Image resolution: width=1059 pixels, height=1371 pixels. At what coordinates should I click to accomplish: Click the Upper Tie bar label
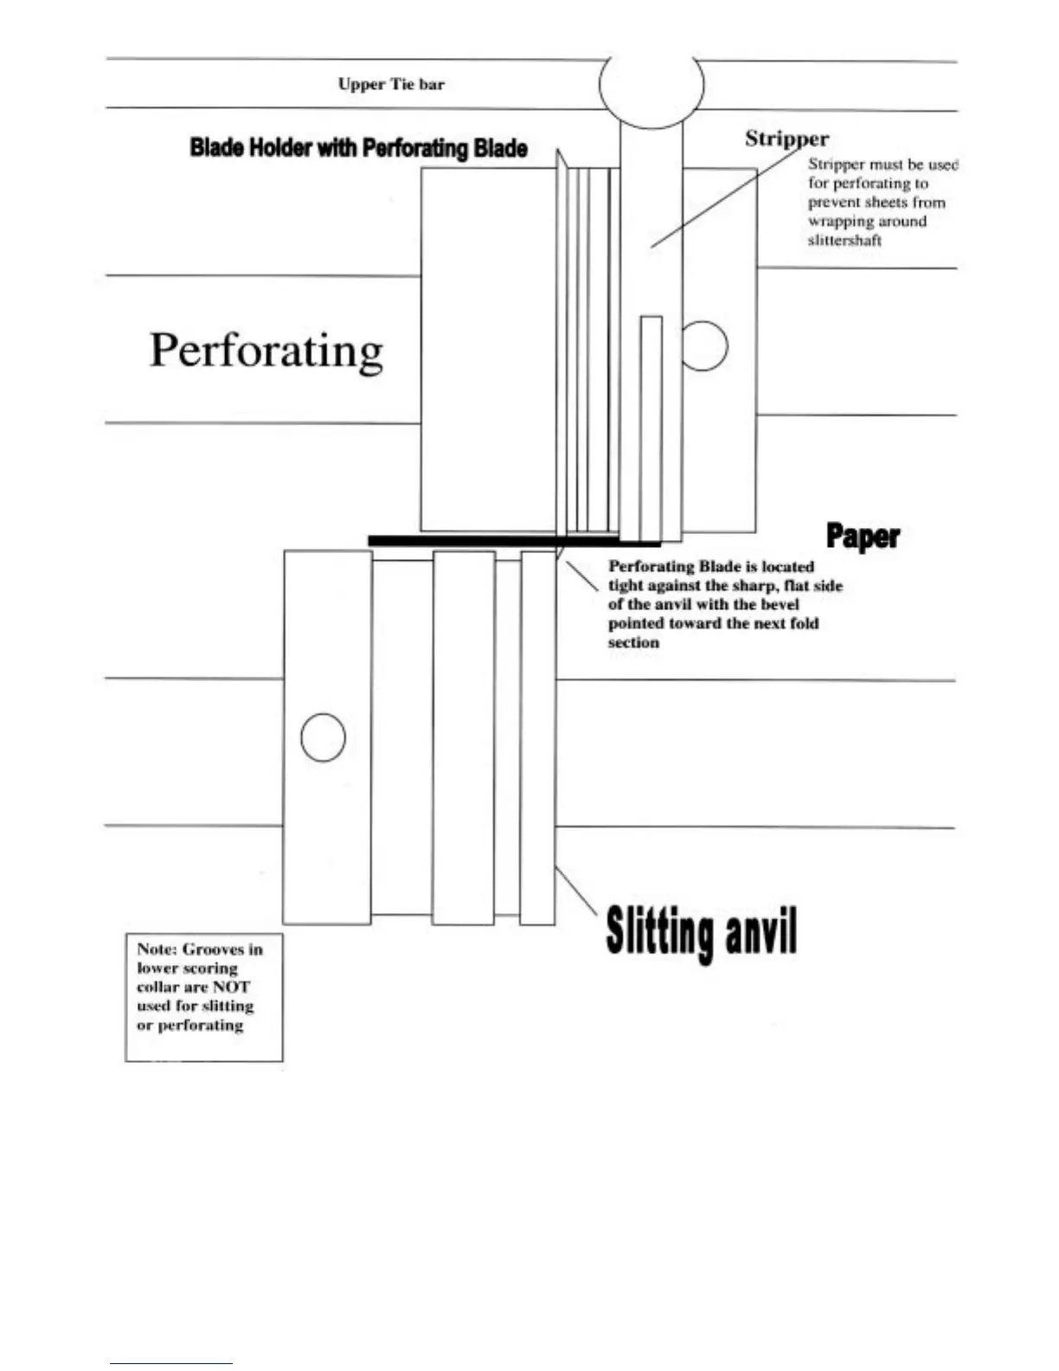[391, 84]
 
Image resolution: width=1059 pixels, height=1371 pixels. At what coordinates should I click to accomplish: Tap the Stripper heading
[786, 138]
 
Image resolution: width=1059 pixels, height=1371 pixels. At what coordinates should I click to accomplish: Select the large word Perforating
[266, 351]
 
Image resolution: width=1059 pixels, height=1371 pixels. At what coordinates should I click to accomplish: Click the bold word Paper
[863, 536]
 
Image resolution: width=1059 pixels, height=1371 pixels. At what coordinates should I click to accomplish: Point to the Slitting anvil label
[701, 931]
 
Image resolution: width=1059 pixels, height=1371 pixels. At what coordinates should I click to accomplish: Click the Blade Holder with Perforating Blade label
[358, 148]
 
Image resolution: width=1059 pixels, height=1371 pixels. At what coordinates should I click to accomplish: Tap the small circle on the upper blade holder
[704, 345]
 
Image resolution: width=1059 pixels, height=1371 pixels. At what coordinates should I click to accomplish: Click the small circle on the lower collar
[323, 737]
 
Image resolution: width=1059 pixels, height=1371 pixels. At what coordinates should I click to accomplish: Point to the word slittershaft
[844, 241]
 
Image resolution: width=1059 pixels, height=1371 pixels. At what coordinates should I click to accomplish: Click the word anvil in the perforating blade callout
[674, 604]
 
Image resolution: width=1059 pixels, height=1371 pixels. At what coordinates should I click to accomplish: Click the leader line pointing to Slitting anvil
[575, 891]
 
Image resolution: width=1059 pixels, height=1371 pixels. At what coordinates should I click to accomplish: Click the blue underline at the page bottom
[170, 1363]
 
